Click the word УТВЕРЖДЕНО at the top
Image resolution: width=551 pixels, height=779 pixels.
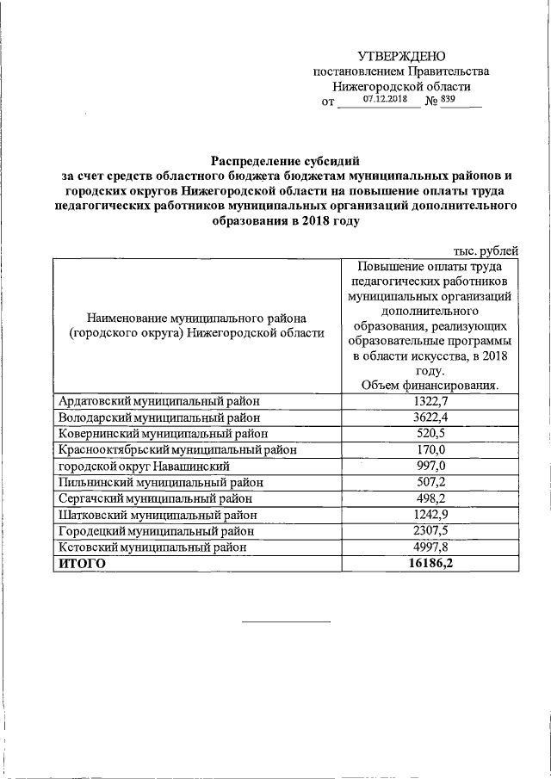pos(402,56)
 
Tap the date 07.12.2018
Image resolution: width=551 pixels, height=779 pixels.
pos(385,99)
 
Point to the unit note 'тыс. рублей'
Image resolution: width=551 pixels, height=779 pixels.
pos(486,250)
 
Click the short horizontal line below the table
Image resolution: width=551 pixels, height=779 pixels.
pos(285,621)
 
